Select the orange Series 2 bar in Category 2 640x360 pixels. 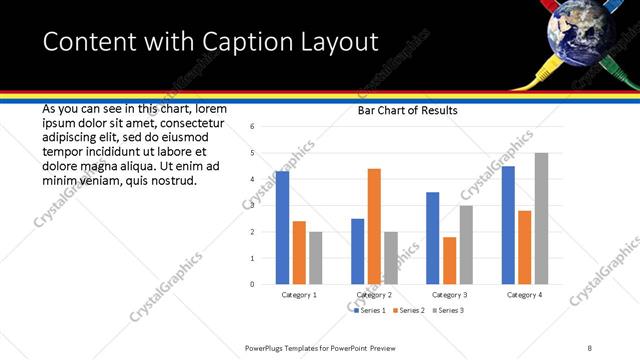[x=374, y=226]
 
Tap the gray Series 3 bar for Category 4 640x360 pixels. [x=541, y=218]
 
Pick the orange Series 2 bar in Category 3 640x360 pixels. [x=450, y=260]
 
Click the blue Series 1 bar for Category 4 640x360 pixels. [x=508, y=225]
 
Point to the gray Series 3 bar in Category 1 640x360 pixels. [x=316, y=258]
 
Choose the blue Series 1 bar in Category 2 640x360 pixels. [x=357, y=251]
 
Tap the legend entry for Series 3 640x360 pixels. [x=448, y=311]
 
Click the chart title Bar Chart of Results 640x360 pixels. [x=408, y=111]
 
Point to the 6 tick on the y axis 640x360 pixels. [x=252, y=127]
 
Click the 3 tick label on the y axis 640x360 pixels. [x=252, y=206]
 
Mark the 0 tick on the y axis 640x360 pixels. [x=252, y=284]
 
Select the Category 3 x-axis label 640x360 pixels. [x=449, y=295]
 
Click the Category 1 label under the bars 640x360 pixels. [x=298, y=295]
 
